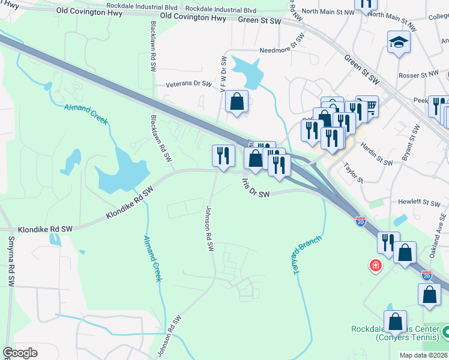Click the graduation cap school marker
pyautogui.click(x=398, y=43)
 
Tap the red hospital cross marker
pyautogui.click(x=376, y=265)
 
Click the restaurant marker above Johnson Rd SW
pyautogui.click(x=223, y=156)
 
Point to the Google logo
pyautogui.click(x=20, y=353)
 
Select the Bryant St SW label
pyautogui.click(x=412, y=144)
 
